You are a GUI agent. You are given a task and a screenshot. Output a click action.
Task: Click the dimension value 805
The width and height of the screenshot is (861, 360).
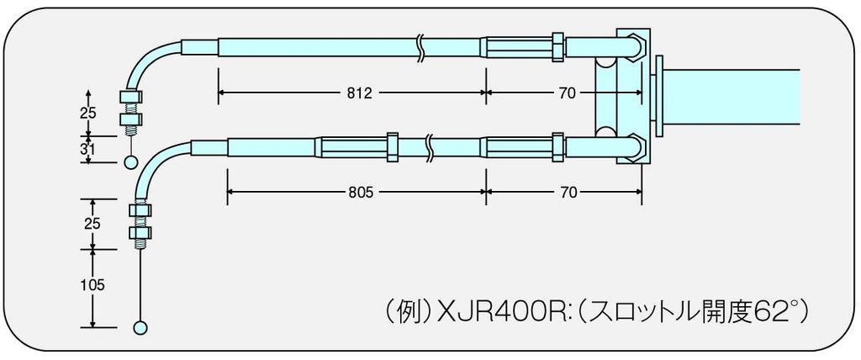[x=360, y=193]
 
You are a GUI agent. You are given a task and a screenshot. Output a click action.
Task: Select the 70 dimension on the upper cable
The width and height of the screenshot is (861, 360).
[x=568, y=93]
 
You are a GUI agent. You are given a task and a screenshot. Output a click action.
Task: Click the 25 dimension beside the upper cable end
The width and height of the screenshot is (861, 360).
[x=87, y=114]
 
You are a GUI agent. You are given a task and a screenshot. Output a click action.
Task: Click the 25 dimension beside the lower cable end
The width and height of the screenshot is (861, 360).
[x=92, y=224]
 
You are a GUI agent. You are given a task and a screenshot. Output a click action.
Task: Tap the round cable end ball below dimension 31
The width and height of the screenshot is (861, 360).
[x=131, y=162]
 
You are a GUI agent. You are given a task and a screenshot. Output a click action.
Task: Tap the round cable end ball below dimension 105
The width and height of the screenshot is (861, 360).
[x=140, y=327]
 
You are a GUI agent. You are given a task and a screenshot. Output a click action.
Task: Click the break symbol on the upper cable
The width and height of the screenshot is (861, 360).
[x=420, y=46]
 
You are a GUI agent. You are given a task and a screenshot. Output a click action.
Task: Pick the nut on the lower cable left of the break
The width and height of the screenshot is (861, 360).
[x=392, y=146]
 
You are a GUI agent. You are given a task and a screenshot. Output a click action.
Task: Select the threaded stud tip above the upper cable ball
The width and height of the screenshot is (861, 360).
[x=131, y=132]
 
